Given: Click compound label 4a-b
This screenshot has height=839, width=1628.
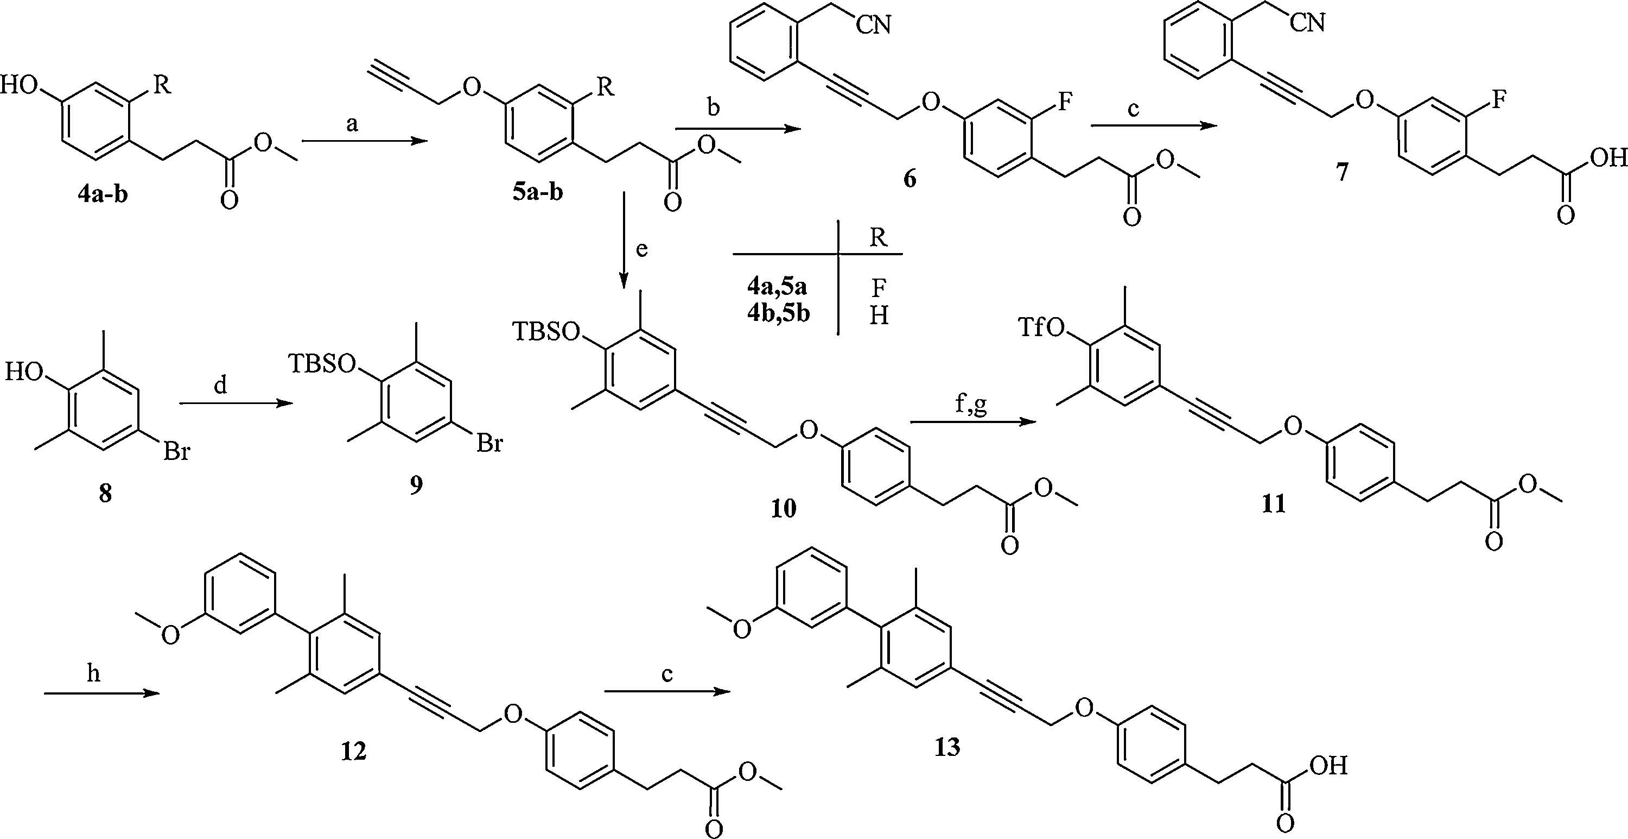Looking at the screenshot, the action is coord(103,194).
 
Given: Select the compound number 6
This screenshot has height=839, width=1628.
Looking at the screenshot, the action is coord(910,179).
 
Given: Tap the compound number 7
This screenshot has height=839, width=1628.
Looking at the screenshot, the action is coord(1341,172).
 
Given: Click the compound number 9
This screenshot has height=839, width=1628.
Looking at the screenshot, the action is coord(416,485).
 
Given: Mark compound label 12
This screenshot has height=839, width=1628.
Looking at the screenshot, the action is coord(353,751).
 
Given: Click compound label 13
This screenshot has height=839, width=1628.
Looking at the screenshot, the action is coord(947,747).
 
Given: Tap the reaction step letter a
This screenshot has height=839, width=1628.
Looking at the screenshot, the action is coord(353,124).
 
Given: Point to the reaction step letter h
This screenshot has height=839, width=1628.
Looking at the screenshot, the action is coord(93,675).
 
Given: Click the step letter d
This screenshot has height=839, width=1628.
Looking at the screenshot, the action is coord(220,386).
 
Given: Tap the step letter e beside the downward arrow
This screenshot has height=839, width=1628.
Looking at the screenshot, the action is coord(642,250).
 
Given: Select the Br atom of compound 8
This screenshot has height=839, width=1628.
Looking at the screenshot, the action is coord(176,452).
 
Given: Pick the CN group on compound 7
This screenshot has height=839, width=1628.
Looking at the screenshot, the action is coord(1307,23).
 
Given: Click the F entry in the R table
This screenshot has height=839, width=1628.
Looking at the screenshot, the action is coord(878,288).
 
